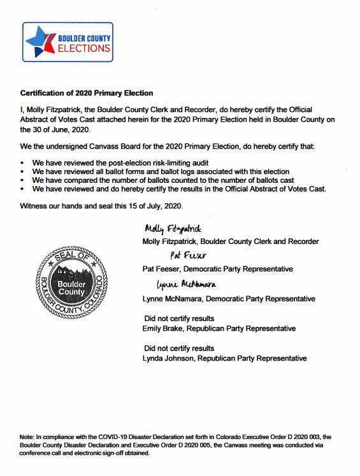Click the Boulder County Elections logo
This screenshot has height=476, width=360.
pyautogui.click(x=68, y=42)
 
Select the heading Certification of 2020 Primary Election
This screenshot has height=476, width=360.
pyautogui.click(x=87, y=93)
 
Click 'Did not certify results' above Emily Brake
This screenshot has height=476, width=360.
pyautogui.click(x=179, y=318)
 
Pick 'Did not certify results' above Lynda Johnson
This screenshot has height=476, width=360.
pyautogui.click(x=179, y=348)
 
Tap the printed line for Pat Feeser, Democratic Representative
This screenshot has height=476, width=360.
pyautogui.click(x=219, y=270)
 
